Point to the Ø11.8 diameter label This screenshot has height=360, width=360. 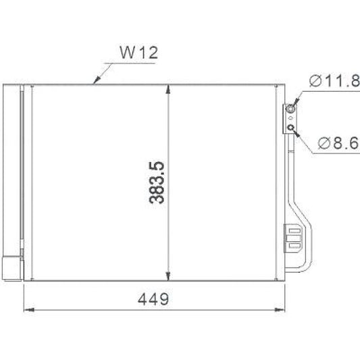point(334,82)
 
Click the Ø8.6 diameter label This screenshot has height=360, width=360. point(336,143)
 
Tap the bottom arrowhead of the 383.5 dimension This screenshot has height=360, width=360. point(168,276)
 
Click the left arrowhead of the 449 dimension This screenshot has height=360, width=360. point(28,310)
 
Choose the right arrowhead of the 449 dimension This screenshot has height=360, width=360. point(280,310)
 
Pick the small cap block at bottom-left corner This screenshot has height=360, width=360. point(11,267)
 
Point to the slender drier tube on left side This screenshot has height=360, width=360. point(21,176)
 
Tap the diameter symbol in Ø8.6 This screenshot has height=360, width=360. point(322,143)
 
